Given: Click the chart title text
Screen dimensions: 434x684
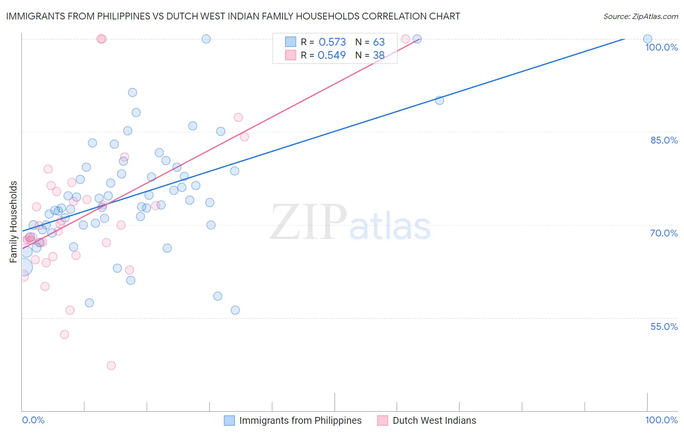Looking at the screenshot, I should coord(233,17).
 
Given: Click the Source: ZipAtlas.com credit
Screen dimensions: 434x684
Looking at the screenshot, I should coord(640,17).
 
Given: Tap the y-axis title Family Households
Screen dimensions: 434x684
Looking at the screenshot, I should coord(14,222).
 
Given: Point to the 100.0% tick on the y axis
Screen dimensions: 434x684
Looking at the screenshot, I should coord(661,47).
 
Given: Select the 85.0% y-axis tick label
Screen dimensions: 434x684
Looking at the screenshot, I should coord(664,140).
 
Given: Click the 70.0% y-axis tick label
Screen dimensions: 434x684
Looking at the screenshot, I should coord(664,233).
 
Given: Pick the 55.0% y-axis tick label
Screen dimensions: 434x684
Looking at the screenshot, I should coord(664,326).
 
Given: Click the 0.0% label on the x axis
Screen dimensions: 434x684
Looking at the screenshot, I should coord(33,420).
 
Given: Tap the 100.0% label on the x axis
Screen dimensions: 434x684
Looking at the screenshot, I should coord(661,420).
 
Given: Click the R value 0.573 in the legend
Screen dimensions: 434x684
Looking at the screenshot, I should coord(332,42).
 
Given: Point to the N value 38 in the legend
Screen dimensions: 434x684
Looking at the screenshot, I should coord(378,55).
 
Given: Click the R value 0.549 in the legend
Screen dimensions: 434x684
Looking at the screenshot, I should coord(332,55).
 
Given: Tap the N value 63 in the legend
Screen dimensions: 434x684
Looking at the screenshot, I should coord(378,42).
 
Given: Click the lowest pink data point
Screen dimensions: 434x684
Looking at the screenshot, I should coord(111,365).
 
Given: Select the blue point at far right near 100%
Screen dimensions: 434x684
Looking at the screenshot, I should coord(647,39).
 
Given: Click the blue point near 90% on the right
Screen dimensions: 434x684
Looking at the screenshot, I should coord(439,100).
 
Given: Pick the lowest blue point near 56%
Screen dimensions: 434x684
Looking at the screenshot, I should coord(235,310).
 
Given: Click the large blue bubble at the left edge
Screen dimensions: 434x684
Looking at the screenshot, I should coord(23,267).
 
